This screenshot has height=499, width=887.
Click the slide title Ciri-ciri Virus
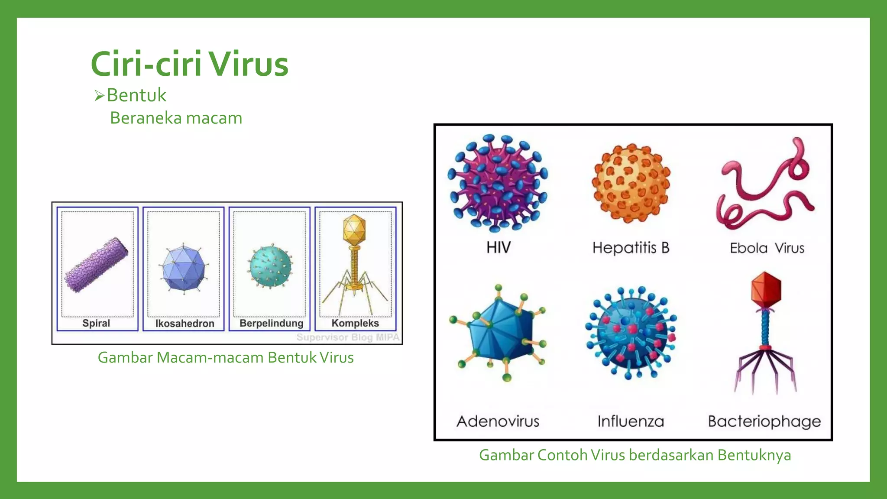click(189, 64)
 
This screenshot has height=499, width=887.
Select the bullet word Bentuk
click(136, 95)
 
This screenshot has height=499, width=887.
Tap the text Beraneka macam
click(176, 118)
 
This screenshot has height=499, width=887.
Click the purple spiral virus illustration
click(96, 265)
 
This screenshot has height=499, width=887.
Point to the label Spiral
click(96, 323)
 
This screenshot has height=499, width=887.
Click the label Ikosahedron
click(185, 324)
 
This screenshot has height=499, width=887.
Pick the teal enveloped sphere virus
click(270, 266)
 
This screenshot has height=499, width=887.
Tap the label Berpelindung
click(271, 323)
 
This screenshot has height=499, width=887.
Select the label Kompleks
click(355, 323)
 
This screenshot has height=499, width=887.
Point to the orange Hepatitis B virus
click(631, 183)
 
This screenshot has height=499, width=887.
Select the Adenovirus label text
click(498, 421)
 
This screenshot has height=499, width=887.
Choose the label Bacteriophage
click(764, 421)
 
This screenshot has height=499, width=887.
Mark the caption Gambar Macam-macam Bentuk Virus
click(226, 358)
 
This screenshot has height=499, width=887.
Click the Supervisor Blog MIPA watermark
click(348, 337)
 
